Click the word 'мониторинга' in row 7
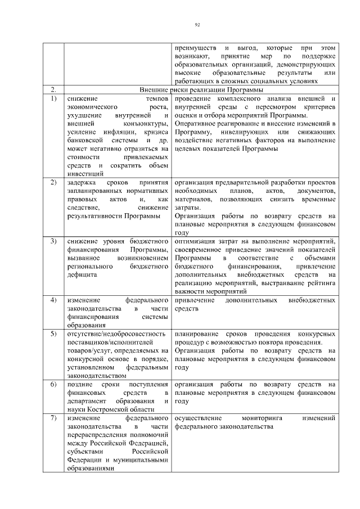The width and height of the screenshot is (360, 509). point(263,418)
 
